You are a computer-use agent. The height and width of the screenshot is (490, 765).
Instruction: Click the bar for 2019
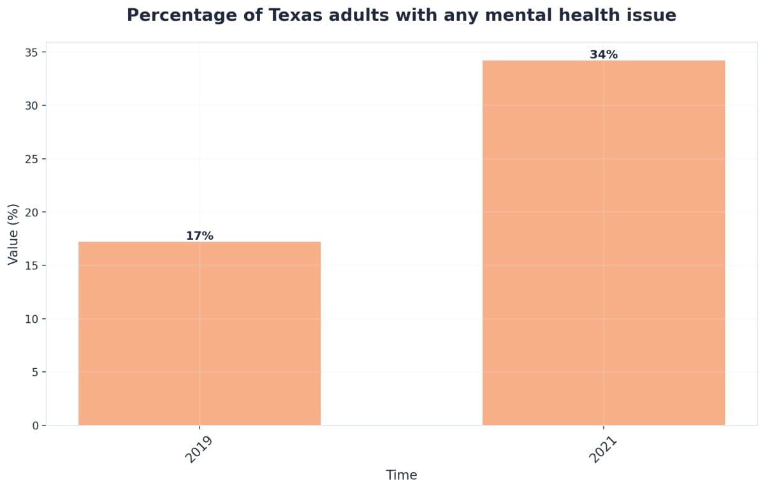point(200,333)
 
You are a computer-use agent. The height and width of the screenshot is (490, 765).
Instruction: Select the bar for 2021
point(603,242)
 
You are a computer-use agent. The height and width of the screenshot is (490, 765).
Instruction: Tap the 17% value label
point(200,236)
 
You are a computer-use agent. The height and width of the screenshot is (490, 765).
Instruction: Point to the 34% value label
point(603,55)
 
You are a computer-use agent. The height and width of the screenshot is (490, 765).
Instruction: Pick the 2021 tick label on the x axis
point(603,450)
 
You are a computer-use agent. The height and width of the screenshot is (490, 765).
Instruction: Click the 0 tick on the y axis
point(34,426)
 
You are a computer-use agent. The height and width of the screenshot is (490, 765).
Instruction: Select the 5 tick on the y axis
point(34,372)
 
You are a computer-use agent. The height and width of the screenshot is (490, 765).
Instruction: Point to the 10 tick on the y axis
point(31,319)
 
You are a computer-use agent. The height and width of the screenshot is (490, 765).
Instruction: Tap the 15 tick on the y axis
point(31,265)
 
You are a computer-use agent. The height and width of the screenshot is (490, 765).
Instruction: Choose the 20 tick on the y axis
point(31,212)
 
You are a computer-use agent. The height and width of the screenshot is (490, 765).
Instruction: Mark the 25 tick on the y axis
point(31,159)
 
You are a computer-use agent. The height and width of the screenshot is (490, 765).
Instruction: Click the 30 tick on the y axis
point(31,105)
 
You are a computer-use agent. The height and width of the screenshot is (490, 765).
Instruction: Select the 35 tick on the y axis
point(31,52)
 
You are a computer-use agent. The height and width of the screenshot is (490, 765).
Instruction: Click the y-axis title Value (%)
point(13,234)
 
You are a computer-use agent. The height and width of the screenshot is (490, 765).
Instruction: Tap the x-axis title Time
point(402,475)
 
